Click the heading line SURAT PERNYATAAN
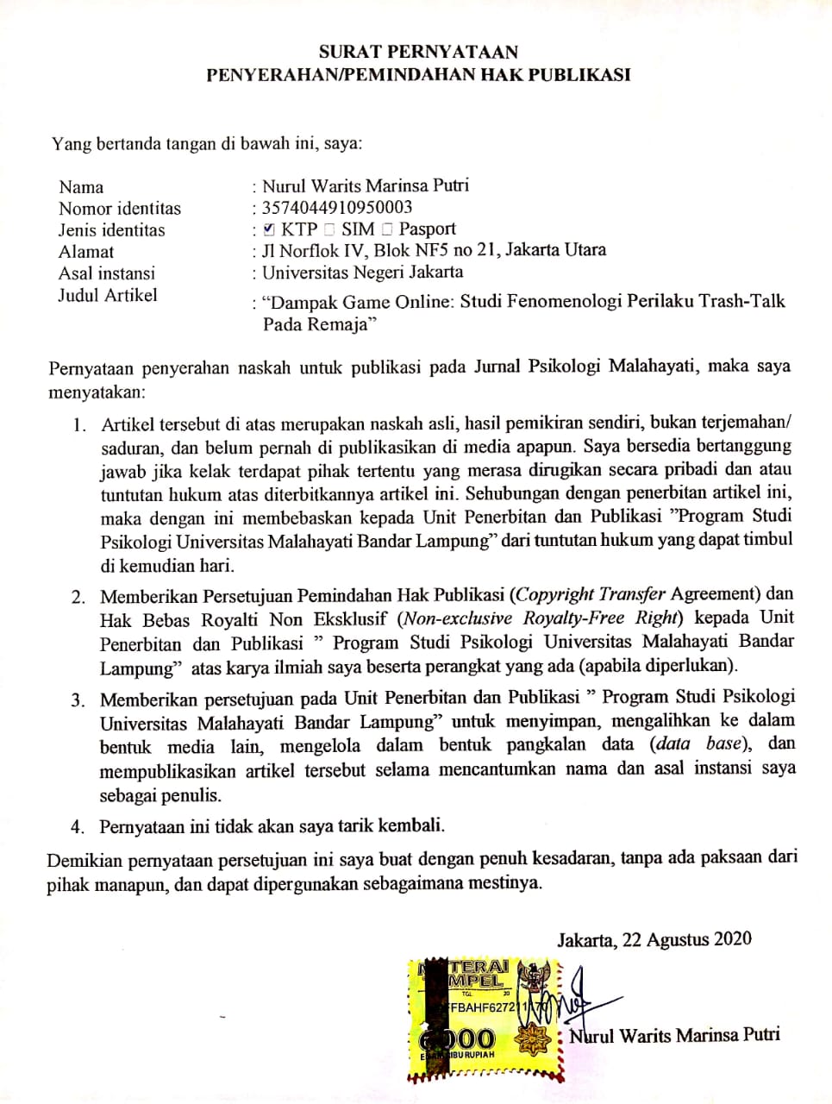point(418,52)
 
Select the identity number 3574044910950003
point(337,207)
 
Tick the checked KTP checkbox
point(269,229)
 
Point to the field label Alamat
point(86,252)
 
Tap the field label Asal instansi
point(107,273)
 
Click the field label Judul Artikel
point(108,295)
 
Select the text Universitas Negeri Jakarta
point(363,273)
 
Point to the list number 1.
point(79,424)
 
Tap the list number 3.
point(78,699)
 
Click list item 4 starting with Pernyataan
point(272,825)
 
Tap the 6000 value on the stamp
point(459,1039)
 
